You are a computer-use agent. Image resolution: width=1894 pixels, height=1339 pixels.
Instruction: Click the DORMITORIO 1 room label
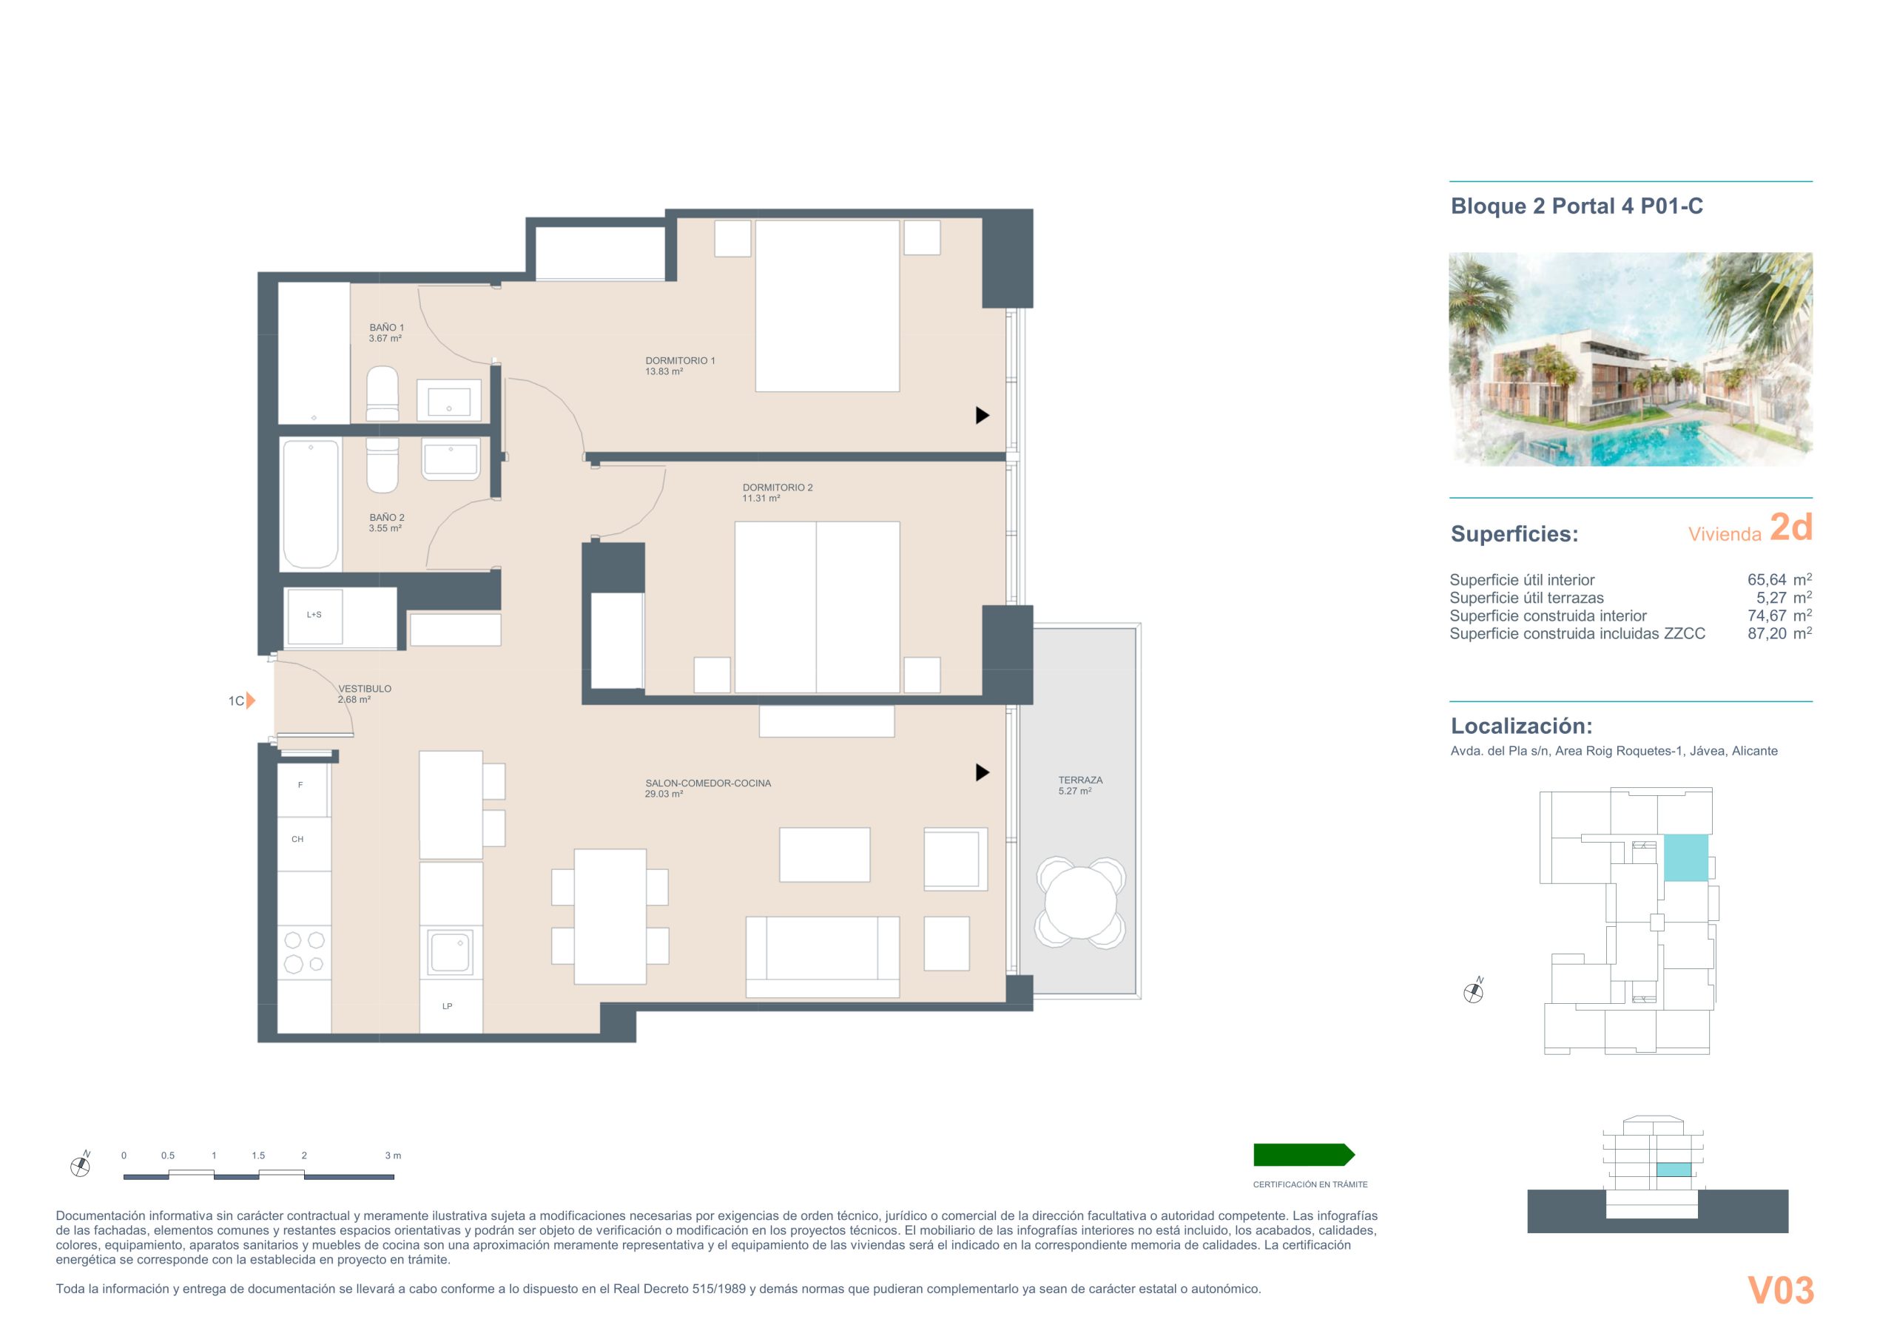(x=680, y=360)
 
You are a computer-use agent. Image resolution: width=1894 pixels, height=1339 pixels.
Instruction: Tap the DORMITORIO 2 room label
(x=777, y=488)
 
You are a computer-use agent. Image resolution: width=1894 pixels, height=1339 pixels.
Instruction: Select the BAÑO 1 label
(x=387, y=328)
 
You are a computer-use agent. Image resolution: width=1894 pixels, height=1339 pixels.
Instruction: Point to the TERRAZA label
(x=1080, y=780)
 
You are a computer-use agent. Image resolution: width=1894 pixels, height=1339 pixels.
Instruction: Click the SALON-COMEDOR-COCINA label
(x=708, y=783)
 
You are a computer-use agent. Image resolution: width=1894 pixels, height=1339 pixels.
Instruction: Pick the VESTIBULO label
(x=365, y=688)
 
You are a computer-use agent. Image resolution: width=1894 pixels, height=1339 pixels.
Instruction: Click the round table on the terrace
(x=1081, y=903)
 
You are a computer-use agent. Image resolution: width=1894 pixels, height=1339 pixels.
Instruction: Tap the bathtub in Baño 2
(x=311, y=504)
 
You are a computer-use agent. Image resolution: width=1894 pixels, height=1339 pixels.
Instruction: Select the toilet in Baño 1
(x=382, y=395)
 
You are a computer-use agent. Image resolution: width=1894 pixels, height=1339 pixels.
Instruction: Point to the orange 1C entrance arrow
(x=251, y=701)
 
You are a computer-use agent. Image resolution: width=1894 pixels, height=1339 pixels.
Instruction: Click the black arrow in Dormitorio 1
(x=983, y=415)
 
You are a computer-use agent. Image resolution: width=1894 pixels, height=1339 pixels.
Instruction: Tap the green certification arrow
(x=1304, y=1154)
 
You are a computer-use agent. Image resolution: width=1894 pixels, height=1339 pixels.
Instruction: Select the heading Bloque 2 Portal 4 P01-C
(x=1577, y=206)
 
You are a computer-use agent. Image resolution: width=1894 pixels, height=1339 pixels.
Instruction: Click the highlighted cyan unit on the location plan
(x=1685, y=857)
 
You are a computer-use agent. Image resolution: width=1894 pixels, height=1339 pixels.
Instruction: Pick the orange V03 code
(x=1781, y=1291)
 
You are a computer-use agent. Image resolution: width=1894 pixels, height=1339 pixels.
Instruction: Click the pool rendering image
(x=1631, y=359)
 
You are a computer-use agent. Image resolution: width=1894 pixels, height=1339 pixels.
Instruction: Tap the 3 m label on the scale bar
(x=393, y=1155)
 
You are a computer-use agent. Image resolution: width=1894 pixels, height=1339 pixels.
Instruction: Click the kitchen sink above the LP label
(x=451, y=951)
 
